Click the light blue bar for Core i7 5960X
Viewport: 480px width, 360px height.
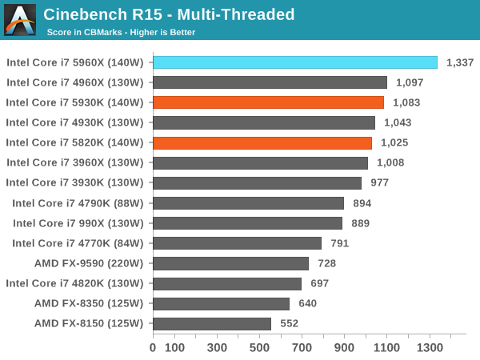click(295, 62)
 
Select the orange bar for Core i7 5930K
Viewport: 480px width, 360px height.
click(268, 102)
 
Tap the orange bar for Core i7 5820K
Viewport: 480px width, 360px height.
click(262, 142)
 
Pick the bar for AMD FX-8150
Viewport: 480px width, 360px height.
click(212, 323)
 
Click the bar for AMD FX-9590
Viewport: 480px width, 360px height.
click(230, 263)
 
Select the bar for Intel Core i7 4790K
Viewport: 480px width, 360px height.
click(248, 203)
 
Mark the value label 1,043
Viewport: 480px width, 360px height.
click(398, 122)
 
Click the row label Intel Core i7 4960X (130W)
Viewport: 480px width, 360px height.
click(74, 82)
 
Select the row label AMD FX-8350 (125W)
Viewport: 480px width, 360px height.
click(88, 303)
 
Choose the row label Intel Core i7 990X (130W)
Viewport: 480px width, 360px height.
click(78, 223)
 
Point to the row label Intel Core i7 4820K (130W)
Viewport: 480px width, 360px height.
click(74, 283)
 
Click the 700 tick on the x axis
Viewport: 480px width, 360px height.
click(302, 349)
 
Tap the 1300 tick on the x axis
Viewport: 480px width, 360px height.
click(429, 349)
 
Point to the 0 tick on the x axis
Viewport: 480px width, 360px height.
click(153, 349)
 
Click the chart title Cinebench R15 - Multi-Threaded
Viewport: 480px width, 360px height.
click(169, 14)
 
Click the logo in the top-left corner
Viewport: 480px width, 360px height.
click(20, 20)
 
